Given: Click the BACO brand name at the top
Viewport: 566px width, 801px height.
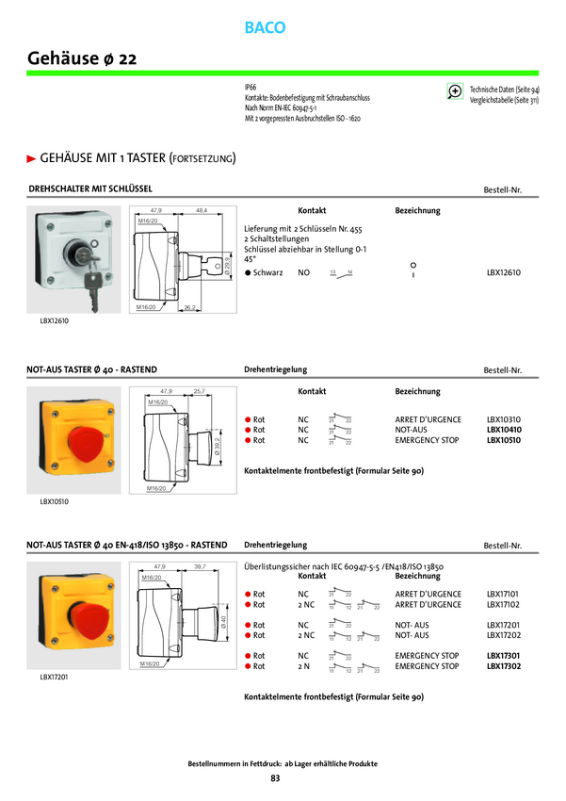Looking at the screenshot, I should pos(265,28).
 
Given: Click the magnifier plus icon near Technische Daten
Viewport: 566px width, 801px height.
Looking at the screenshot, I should pos(456,90).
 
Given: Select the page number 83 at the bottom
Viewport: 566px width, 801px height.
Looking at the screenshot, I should pos(275,777).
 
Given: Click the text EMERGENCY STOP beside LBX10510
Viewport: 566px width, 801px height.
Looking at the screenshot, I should pos(428,440).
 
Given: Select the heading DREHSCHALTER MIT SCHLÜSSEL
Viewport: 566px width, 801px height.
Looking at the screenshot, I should pos(91,188).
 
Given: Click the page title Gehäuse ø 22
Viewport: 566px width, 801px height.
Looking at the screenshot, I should pos(83,58).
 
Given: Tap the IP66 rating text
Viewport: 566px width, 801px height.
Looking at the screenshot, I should pos(250,86).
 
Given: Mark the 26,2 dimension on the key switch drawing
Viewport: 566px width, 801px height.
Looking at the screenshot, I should pos(189,307).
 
